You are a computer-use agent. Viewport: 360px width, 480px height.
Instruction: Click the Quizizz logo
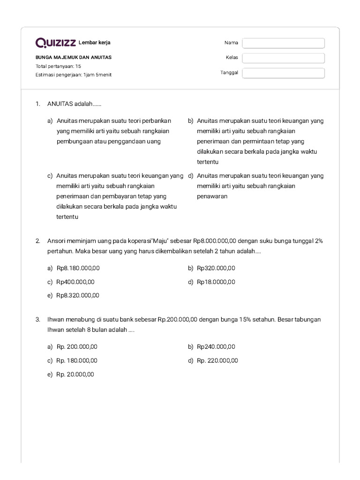point(55,43)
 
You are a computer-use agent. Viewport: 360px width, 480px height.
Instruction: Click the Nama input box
point(283,43)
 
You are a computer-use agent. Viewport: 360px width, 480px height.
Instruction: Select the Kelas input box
point(283,58)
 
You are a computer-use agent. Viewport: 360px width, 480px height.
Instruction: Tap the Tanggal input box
point(283,73)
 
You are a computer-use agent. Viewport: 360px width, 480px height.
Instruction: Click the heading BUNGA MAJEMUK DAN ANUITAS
point(74,58)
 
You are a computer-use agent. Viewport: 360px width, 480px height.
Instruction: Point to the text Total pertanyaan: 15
point(58,66)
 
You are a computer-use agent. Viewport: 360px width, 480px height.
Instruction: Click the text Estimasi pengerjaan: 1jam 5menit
point(74,75)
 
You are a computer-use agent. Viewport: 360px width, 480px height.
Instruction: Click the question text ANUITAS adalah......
point(74,104)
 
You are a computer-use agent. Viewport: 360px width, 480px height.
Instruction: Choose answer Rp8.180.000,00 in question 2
point(78,268)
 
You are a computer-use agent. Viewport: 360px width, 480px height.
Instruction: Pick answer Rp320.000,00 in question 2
point(216,268)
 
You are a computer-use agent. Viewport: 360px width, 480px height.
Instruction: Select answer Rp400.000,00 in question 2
point(75,282)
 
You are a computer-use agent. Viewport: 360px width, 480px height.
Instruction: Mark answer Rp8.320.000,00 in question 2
point(78,295)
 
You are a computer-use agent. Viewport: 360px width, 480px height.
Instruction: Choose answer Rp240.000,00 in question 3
point(216,347)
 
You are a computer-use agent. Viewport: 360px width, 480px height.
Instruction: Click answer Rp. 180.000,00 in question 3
point(76,360)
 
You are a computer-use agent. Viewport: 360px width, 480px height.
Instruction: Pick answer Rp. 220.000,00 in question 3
point(217,360)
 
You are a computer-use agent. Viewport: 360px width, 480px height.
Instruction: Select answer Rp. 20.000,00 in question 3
point(75,374)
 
